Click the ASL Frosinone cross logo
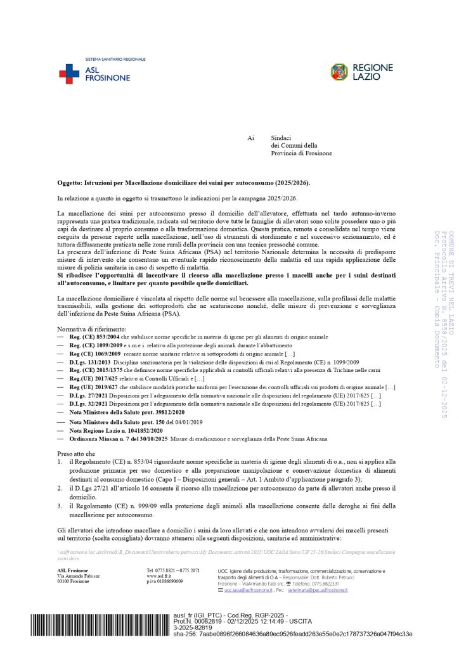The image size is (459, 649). tap(69, 74)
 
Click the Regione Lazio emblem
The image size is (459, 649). tap(339, 72)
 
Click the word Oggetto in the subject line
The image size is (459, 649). tap(69, 183)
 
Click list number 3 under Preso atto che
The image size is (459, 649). tap(60, 506)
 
